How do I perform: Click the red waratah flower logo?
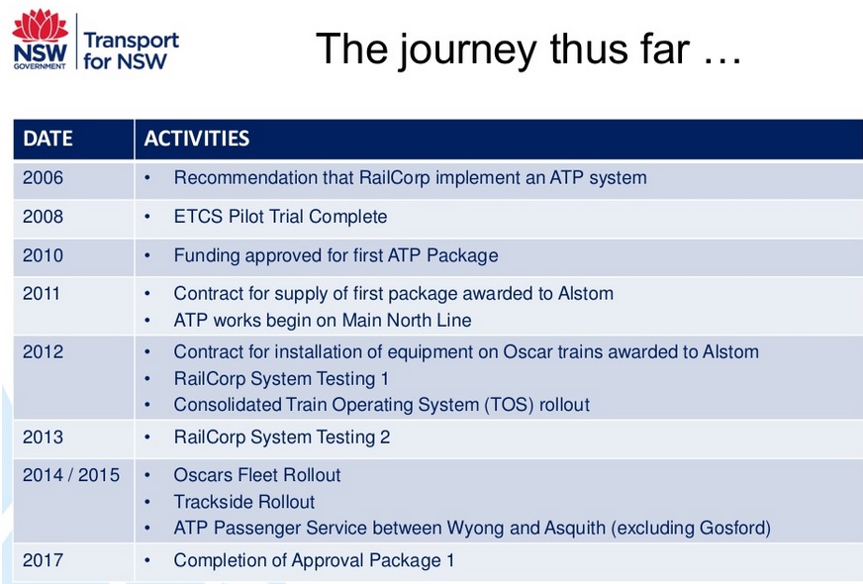tap(40, 26)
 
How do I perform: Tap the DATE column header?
tap(48, 139)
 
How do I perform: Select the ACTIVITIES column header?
tap(197, 139)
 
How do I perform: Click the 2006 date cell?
tap(43, 178)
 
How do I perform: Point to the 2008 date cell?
tap(43, 217)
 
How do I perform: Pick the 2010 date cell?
tap(43, 255)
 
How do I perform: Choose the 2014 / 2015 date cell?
tap(71, 475)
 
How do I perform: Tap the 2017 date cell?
tap(43, 560)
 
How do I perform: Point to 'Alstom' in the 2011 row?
tap(586, 293)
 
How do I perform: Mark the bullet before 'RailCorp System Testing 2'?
tap(147, 438)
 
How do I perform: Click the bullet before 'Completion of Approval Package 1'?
tap(147, 561)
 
